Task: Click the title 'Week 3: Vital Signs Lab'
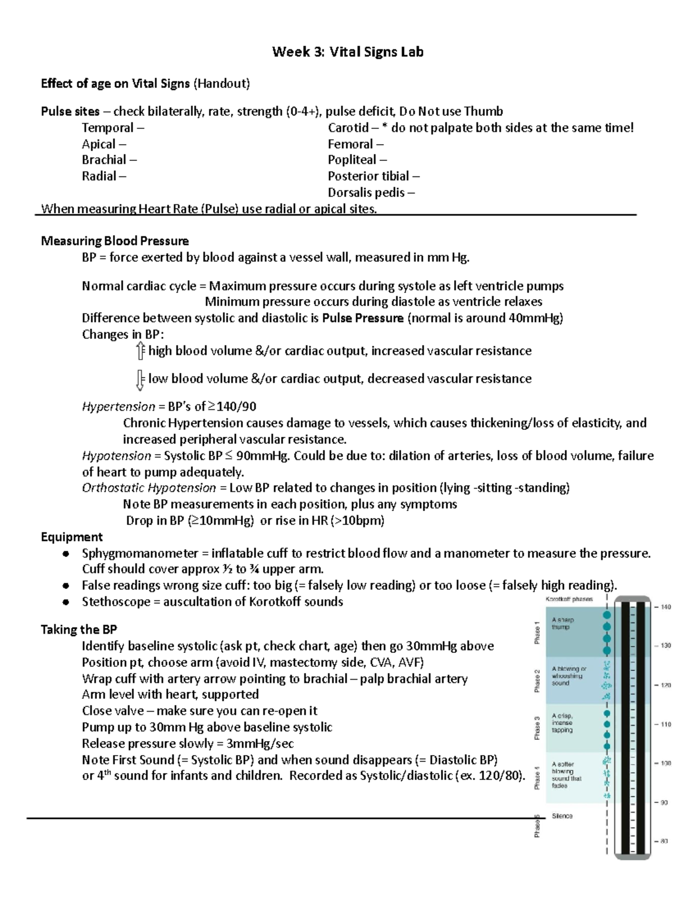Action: point(348,52)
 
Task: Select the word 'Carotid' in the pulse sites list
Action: point(348,128)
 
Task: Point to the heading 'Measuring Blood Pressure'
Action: point(114,241)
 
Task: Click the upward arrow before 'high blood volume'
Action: point(140,351)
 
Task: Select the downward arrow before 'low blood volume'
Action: point(140,380)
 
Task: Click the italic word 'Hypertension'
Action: point(118,407)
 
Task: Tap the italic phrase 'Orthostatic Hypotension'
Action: point(149,488)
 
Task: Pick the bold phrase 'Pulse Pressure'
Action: point(362,318)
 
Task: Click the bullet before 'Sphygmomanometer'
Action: point(66,554)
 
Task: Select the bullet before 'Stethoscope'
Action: point(66,602)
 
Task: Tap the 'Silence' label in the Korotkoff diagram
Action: point(562,816)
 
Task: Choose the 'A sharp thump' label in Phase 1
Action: point(562,623)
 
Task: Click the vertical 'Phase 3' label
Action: point(538,728)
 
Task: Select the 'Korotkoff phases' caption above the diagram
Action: point(569,599)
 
